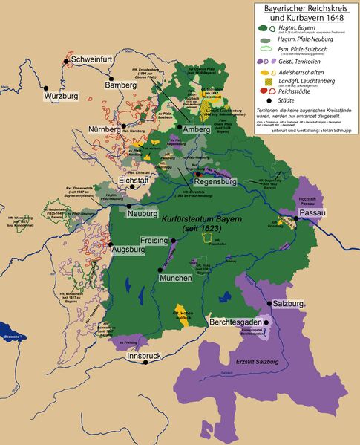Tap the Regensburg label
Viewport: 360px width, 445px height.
(x=215, y=181)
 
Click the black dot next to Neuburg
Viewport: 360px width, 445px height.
(x=129, y=206)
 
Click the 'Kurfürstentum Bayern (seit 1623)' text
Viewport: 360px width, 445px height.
(x=199, y=224)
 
